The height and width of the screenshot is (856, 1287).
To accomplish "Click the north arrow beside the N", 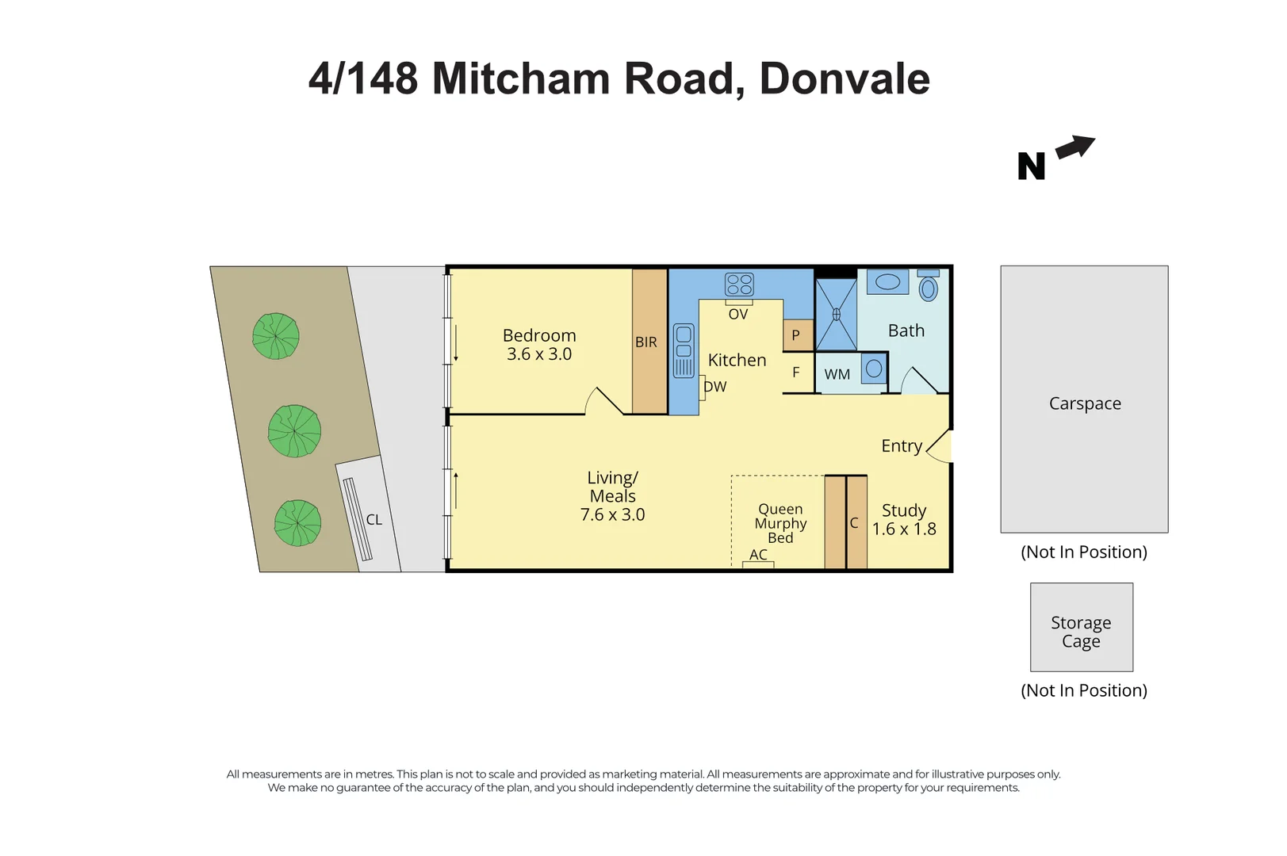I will [x=1076, y=147].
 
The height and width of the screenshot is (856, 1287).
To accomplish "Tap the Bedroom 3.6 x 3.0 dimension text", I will [x=539, y=354].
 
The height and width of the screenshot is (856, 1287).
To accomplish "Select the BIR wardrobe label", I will [x=645, y=342].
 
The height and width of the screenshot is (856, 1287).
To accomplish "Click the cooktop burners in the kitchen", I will [x=739, y=285].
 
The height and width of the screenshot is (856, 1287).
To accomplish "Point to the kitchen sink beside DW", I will [x=684, y=350].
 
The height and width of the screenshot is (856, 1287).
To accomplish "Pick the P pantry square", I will [x=796, y=335].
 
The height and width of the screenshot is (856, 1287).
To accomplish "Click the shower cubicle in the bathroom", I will [x=836, y=315].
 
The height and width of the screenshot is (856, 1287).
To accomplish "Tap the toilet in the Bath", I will [x=929, y=287].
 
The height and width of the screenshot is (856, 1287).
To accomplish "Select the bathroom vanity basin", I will [x=887, y=281].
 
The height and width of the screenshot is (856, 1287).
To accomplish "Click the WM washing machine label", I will [x=837, y=374].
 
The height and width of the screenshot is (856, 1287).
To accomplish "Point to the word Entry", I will [x=902, y=446].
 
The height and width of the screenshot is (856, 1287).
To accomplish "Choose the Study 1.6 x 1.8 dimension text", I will [x=904, y=529].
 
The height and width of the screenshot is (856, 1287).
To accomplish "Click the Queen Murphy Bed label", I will [x=780, y=523].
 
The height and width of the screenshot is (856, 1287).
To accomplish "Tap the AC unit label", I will [x=758, y=555].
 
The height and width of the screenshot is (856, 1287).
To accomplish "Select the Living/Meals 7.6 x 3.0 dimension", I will [x=612, y=514].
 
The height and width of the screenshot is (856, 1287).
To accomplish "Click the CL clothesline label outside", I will [x=373, y=520].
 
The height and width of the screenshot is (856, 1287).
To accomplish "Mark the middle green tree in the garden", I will [x=294, y=431].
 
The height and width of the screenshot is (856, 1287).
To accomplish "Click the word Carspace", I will [x=1085, y=403].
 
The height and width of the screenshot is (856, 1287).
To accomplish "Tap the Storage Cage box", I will [x=1081, y=628].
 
